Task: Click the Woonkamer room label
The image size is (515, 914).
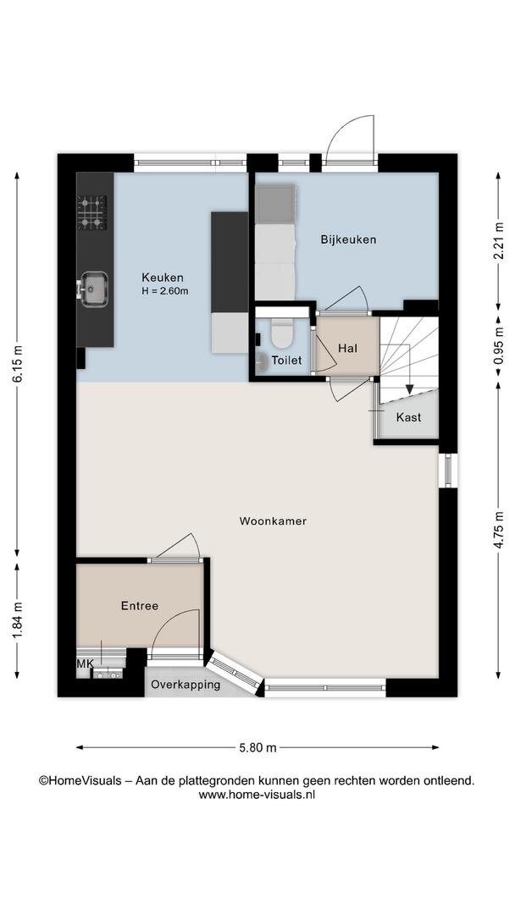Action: tap(273, 521)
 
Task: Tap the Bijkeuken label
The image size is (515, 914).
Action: tap(348, 239)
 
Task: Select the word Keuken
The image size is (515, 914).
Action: tap(163, 278)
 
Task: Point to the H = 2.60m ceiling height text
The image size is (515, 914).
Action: tap(165, 291)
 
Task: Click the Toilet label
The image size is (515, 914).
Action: tap(285, 361)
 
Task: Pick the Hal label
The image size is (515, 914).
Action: tap(347, 349)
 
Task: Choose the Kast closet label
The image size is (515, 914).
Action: tap(408, 417)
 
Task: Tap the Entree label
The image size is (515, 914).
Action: tap(140, 606)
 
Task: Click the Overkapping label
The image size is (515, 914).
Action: tap(186, 685)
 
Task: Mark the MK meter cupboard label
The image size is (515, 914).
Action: tap(86, 663)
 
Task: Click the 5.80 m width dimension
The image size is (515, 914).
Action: tap(257, 748)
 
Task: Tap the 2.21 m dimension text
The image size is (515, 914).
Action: tap(497, 240)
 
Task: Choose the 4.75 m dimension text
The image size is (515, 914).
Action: tap(497, 529)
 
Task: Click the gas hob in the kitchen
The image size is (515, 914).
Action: tap(92, 212)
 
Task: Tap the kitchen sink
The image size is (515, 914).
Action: tap(93, 289)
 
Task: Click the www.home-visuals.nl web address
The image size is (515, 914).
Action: tap(257, 794)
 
